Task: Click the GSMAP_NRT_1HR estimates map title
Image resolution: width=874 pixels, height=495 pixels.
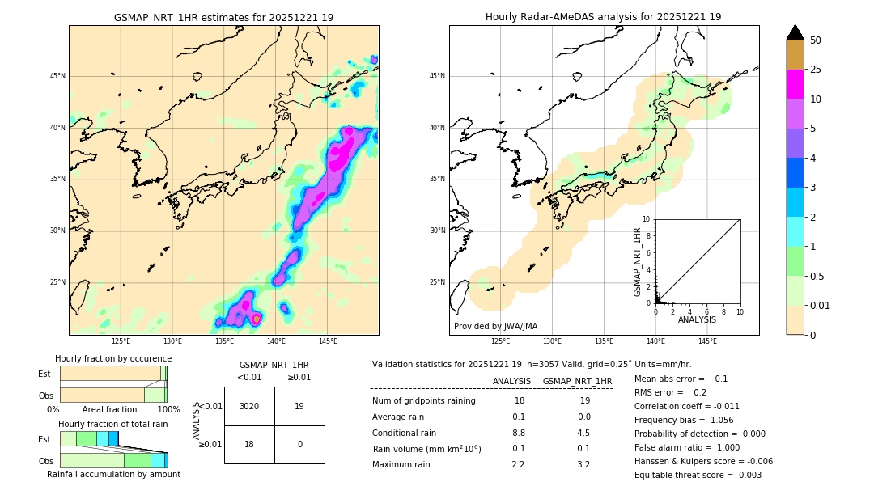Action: pos(223,17)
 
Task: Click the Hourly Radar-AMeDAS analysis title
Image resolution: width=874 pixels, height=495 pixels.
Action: pos(603,17)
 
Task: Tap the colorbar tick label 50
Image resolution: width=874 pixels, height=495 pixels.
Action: pos(816,40)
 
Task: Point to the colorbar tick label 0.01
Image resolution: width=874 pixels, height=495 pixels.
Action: pos(820,306)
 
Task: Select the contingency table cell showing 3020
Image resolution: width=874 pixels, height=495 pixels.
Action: pos(249,406)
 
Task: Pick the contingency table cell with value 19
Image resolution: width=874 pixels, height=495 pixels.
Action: pos(299,406)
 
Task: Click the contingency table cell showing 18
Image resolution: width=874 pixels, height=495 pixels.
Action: pos(249,444)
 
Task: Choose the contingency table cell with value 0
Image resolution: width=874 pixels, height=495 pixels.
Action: pos(299,444)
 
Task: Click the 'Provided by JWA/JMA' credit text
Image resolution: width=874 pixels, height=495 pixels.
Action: pos(495,327)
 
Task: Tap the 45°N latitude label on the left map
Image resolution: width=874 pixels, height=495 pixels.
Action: pos(57,76)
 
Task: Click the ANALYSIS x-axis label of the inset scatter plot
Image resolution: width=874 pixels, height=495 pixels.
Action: pos(697,319)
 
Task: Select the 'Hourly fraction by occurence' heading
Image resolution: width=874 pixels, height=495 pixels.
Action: pos(113,358)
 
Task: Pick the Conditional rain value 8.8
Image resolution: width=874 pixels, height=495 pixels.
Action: pos(518,433)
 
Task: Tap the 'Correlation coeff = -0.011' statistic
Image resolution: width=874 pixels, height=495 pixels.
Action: pos(687,406)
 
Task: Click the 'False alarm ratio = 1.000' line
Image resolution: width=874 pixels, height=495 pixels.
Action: pos(687,447)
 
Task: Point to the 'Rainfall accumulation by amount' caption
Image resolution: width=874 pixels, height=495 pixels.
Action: pos(113,474)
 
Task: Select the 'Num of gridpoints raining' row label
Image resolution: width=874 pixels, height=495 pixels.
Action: pos(424,401)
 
